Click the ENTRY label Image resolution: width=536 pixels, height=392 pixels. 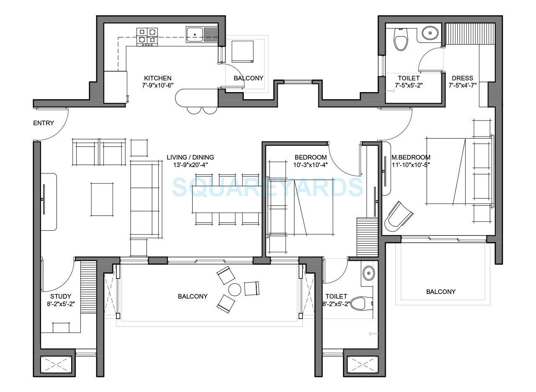(x=44, y=123)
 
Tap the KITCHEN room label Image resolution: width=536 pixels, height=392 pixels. (x=157, y=78)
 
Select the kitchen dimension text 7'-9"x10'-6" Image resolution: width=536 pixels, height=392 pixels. (x=157, y=85)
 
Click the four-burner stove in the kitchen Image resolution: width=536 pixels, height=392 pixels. (x=147, y=36)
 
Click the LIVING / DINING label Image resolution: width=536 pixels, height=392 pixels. (x=190, y=157)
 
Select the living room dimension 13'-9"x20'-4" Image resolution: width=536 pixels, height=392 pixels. (x=190, y=165)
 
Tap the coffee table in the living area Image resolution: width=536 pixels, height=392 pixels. (x=102, y=199)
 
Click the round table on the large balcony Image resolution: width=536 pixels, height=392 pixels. (x=234, y=289)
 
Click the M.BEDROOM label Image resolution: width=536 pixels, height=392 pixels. (x=410, y=157)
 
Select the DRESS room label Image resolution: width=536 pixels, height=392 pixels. (x=462, y=78)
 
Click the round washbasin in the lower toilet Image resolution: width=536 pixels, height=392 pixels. (x=368, y=273)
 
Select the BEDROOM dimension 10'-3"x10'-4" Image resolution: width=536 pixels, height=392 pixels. (x=310, y=165)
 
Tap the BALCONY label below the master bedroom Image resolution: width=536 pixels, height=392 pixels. (x=441, y=291)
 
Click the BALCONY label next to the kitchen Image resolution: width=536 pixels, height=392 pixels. (x=248, y=78)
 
